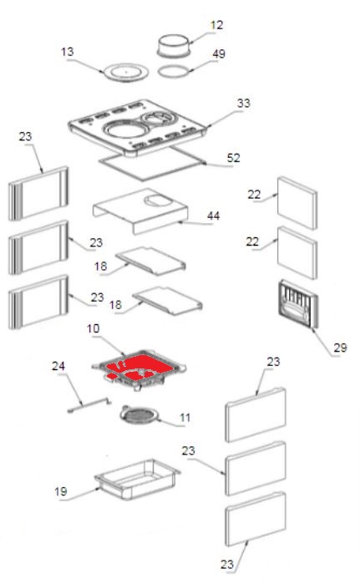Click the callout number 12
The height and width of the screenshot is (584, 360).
tap(216, 25)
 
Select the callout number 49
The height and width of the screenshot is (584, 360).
tap(219, 53)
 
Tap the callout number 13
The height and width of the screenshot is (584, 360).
tap(68, 52)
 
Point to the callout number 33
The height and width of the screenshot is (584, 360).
tap(243, 103)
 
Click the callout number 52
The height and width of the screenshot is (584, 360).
tap(233, 158)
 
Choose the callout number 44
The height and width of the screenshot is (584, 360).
tap(213, 216)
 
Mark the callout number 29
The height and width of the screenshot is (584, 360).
tap(340, 348)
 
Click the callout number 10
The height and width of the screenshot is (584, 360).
tap(93, 328)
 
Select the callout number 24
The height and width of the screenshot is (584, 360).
tap(58, 366)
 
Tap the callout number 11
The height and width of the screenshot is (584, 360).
tap(185, 418)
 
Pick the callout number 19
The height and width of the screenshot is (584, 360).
tap(61, 491)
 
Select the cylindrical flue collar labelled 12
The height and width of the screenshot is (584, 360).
tap(175, 45)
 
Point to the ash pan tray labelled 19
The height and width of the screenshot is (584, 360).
tap(137, 480)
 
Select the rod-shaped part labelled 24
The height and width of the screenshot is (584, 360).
tap(89, 405)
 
